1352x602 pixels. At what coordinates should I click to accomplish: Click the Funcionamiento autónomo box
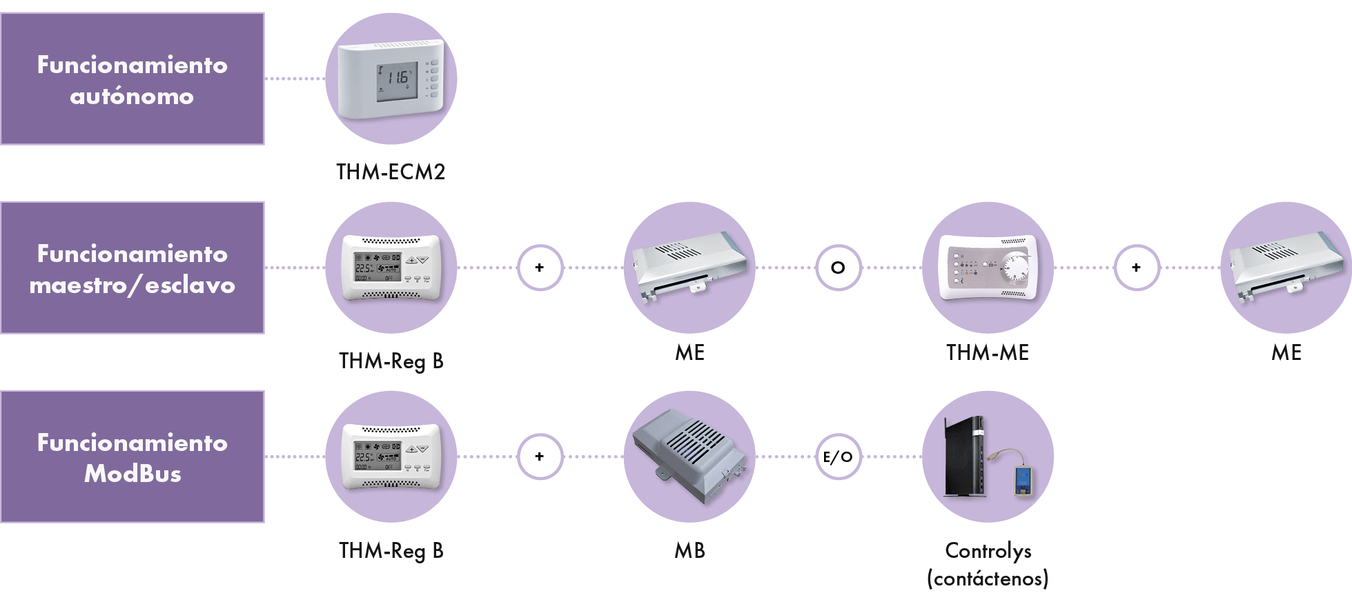click(x=132, y=79)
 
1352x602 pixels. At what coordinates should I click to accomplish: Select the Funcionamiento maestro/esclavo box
click(x=132, y=268)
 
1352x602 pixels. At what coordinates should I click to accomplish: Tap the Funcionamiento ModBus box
click(x=132, y=456)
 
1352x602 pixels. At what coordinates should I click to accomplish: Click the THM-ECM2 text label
click(x=391, y=172)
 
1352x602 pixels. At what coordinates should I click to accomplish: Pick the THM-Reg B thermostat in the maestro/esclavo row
click(x=391, y=268)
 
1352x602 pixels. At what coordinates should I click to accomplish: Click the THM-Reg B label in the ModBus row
click(x=391, y=550)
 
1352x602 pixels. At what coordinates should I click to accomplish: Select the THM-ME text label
click(x=988, y=352)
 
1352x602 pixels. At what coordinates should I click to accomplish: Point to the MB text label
click(x=689, y=550)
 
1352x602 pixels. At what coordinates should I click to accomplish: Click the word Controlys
click(x=988, y=550)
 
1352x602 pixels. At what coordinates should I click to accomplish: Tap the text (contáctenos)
click(x=988, y=578)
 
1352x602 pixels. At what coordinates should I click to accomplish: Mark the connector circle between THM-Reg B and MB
click(x=540, y=456)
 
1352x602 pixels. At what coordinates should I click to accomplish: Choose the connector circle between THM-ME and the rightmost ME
click(x=1137, y=268)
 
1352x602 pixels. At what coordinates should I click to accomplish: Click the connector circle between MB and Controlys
click(x=839, y=456)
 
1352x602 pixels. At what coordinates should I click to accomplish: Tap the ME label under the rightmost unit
click(x=1286, y=352)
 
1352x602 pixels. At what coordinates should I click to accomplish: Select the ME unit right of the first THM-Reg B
click(x=689, y=268)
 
